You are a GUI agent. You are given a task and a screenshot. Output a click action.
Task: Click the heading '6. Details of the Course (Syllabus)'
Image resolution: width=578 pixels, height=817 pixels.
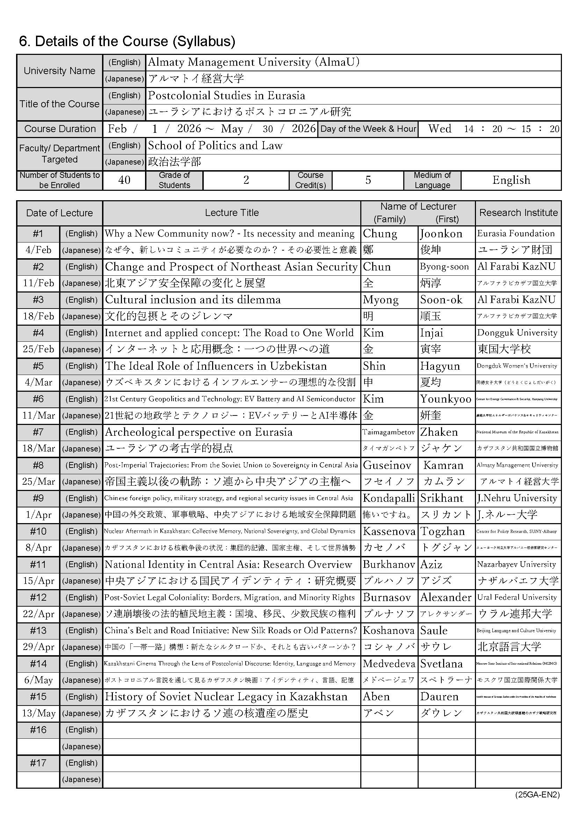(x=127, y=42)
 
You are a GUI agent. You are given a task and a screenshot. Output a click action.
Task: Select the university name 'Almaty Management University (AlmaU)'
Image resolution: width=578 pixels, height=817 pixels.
(x=253, y=62)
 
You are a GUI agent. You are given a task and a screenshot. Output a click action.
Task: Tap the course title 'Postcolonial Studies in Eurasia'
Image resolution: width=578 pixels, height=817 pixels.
(x=226, y=95)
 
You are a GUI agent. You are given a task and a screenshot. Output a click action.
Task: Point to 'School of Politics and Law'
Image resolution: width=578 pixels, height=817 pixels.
(x=215, y=145)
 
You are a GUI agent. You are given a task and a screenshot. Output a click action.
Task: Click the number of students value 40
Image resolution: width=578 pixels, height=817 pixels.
(x=124, y=180)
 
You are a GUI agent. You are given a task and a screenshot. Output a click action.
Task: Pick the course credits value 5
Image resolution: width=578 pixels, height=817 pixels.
(x=368, y=180)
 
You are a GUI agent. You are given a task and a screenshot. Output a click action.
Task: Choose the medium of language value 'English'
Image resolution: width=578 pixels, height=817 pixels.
(x=511, y=180)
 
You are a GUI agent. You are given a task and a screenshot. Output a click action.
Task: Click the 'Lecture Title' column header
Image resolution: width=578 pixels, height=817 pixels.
(x=232, y=213)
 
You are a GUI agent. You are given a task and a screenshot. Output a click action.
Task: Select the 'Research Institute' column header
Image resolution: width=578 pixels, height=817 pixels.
(x=518, y=213)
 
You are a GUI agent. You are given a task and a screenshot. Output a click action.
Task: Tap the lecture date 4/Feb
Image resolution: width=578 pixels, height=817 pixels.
(x=38, y=250)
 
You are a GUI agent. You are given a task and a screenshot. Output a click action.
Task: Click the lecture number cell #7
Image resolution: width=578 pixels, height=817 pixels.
(x=38, y=432)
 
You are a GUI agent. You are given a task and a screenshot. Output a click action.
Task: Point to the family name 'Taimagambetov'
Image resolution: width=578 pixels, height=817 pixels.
(x=389, y=432)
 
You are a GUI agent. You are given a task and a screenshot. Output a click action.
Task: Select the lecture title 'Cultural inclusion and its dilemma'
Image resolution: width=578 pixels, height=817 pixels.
(x=193, y=299)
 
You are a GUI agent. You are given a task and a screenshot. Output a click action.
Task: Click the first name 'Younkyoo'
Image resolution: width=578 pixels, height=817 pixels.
(x=446, y=399)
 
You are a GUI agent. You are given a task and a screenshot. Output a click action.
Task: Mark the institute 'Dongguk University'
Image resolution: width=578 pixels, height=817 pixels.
(x=517, y=333)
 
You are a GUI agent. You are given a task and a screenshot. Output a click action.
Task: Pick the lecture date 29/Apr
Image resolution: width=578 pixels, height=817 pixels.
(x=38, y=647)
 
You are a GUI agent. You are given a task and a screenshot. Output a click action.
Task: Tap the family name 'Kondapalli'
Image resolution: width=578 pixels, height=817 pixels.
(x=389, y=498)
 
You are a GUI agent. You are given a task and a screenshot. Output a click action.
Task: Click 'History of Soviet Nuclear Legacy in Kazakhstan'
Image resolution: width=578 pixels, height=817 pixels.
(x=226, y=696)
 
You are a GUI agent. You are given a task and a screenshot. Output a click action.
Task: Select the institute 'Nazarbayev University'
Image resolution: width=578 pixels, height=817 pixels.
(x=516, y=564)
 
